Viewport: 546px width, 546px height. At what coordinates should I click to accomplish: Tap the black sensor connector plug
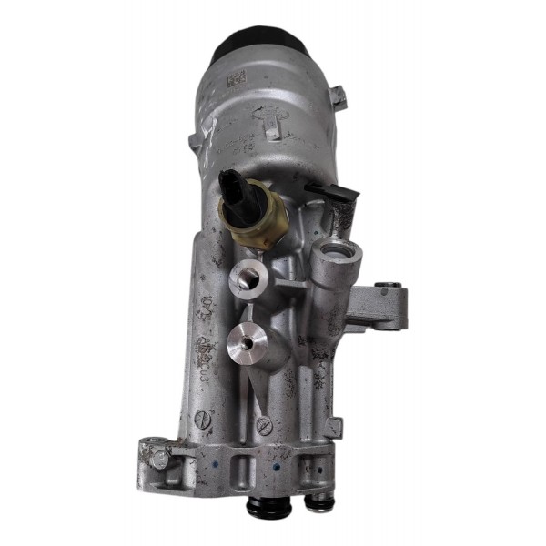click(234, 191)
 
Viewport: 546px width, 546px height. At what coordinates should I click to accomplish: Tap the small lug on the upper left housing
click(194, 142)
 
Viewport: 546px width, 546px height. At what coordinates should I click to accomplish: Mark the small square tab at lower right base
click(334, 426)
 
